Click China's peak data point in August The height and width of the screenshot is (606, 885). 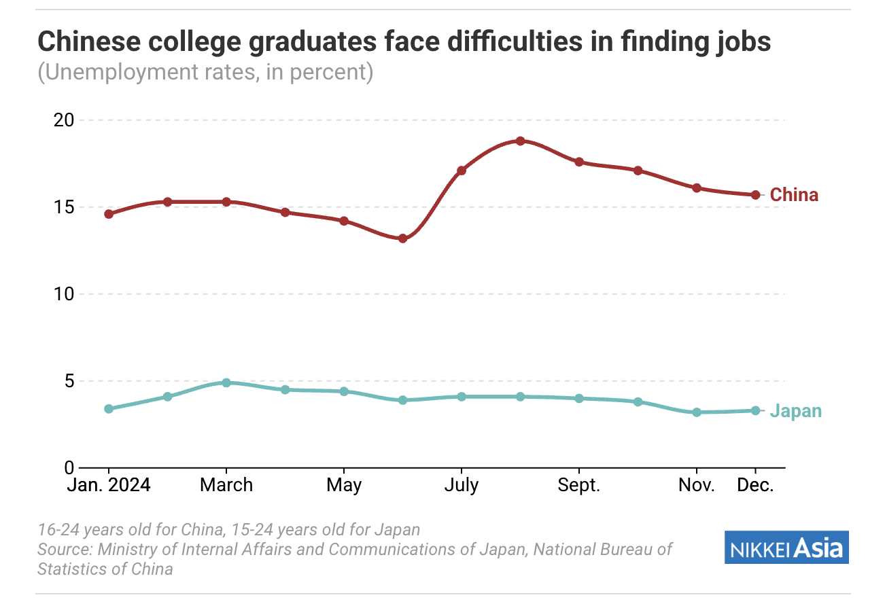tap(520, 141)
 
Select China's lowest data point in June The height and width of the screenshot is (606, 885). tap(402, 238)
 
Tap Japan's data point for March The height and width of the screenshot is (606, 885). tap(226, 382)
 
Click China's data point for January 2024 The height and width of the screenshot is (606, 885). tap(109, 214)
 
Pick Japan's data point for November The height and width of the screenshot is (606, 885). tap(697, 412)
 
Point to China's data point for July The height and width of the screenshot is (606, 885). tap(462, 171)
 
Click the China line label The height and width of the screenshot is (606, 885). tap(794, 195)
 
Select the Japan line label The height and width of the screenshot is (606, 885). tap(795, 411)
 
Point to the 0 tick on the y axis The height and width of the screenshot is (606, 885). tap(69, 468)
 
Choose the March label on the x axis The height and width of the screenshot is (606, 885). tap(226, 486)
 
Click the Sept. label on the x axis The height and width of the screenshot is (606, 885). tap(578, 486)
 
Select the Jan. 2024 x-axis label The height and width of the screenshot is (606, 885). tap(109, 486)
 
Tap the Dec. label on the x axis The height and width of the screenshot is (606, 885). tap(755, 486)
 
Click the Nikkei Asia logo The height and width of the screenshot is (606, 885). tap(786, 548)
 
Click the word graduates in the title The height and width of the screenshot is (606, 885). tap(303, 42)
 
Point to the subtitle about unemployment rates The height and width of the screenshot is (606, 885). tap(205, 72)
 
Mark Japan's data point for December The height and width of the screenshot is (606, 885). tap(755, 410)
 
